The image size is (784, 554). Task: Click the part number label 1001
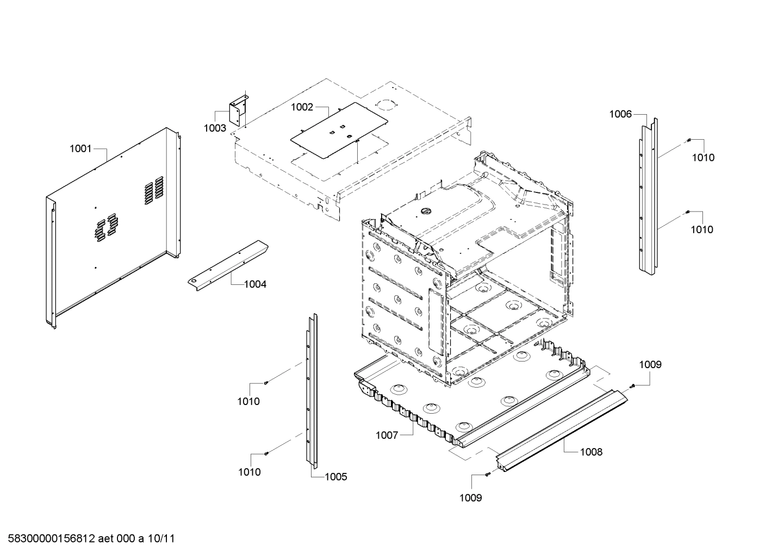(80, 148)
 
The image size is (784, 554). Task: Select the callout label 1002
(302, 107)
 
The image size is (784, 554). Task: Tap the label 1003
(215, 128)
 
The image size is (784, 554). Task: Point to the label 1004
(255, 284)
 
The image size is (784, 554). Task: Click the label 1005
(335, 477)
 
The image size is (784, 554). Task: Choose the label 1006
(620, 114)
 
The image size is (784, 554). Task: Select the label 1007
(387, 435)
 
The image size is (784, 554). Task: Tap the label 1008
(591, 452)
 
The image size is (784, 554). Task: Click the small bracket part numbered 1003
(238, 112)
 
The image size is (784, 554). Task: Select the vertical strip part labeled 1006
(648, 196)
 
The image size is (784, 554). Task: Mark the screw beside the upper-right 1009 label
(632, 386)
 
